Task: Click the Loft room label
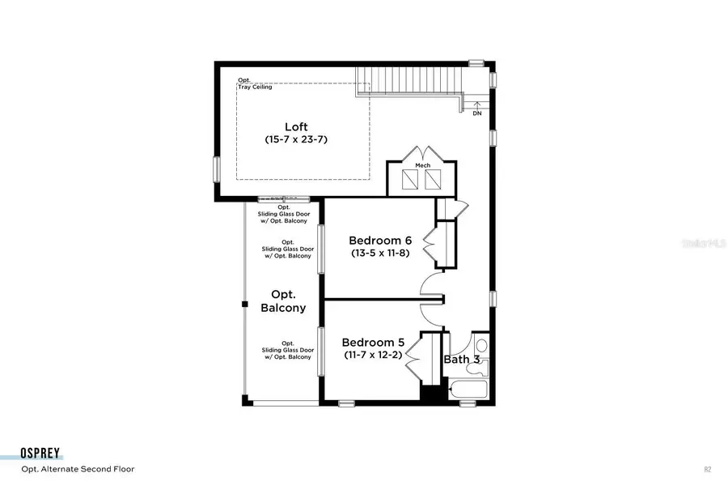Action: coord(296,126)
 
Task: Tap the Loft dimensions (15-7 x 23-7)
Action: coord(296,139)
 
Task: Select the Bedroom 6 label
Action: coord(380,241)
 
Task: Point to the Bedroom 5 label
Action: coord(373,342)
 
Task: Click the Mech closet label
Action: coord(422,165)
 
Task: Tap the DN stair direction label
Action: coord(477,113)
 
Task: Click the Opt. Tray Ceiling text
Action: coord(255,83)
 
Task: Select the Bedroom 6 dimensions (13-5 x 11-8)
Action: coord(381,254)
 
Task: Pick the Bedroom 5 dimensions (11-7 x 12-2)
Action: coord(373,355)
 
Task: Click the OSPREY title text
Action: coord(42,454)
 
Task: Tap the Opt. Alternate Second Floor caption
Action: coord(78,469)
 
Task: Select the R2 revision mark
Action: coord(707,469)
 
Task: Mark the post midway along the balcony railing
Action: coord(243,304)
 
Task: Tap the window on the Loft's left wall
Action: coord(216,168)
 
